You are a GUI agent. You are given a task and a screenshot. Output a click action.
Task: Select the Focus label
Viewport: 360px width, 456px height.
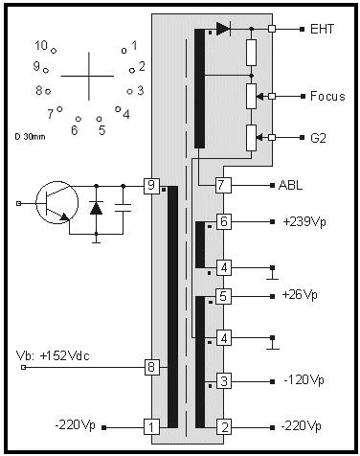tap(327, 96)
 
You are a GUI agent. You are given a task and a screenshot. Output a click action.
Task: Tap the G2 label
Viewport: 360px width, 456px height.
tap(320, 137)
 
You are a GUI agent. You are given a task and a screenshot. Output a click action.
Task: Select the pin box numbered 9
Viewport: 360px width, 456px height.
tap(150, 184)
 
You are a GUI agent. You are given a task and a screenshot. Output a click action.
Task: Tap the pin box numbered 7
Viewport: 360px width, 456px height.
tap(222, 185)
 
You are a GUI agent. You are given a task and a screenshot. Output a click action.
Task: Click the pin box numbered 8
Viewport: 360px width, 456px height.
tap(150, 365)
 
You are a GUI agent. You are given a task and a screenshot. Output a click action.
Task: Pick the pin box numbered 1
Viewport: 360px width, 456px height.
tap(150, 426)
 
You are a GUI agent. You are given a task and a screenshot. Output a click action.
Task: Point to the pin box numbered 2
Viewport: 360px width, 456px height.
tap(223, 426)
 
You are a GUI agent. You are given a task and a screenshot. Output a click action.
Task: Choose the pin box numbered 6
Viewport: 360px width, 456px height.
tap(223, 221)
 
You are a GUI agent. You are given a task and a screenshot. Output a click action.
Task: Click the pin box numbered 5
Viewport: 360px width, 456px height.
tap(223, 296)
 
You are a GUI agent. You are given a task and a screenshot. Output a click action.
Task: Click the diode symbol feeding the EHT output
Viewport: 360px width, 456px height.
tap(223, 29)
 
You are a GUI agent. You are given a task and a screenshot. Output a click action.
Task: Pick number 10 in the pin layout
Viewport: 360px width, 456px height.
tap(41, 45)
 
